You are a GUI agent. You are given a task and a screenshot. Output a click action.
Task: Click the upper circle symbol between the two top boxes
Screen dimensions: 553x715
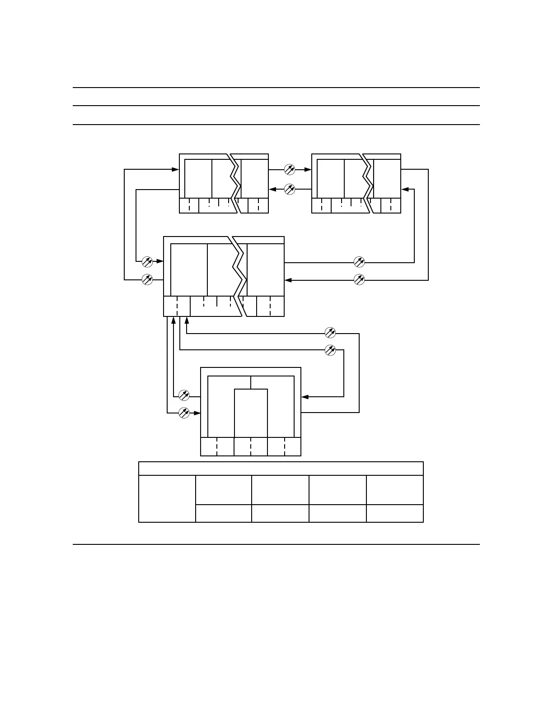pyautogui.click(x=290, y=170)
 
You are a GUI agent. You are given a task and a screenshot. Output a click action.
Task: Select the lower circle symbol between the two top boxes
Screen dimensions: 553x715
pyautogui.click(x=290, y=189)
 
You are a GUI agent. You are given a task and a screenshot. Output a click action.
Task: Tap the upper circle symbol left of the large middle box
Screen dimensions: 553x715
pyautogui.click(x=147, y=261)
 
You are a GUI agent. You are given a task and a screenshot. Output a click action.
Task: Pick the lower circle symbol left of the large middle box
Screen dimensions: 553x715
pyautogui.click(x=147, y=279)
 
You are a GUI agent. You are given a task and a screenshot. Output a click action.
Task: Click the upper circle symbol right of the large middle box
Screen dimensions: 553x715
pyautogui.click(x=359, y=261)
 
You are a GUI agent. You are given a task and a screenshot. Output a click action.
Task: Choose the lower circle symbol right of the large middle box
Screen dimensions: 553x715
pyautogui.click(x=359, y=279)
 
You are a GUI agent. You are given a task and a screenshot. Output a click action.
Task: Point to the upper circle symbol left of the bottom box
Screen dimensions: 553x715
pyautogui.click(x=184, y=395)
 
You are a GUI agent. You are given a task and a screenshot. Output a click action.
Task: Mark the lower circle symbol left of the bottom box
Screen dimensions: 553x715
pyautogui.click(x=184, y=413)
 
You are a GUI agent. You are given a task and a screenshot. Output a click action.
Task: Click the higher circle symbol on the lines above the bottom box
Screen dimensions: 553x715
pyautogui.click(x=331, y=333)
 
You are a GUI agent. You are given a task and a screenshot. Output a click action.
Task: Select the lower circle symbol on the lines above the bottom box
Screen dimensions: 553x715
pyautogui.click(x=331, y=350)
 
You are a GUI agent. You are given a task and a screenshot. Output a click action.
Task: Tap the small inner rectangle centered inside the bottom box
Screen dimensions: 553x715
pyautogui.click(x=251, y=413)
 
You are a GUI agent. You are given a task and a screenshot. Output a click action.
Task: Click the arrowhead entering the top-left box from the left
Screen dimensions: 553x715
pyautogui.click(x=176, y=170)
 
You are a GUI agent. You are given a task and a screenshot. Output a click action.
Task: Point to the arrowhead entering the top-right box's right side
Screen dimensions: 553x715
pyautogui.click(x=405, y=190)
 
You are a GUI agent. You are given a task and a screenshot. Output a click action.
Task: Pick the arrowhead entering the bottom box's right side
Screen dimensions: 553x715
pyautogui.click(x=305, y=397)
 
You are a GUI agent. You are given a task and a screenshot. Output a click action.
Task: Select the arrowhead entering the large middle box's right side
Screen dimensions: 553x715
pyautogui.click(x=288, y=280)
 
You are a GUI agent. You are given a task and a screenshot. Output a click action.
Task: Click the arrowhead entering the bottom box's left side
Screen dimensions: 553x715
pyautogui.click(x=197, y=413)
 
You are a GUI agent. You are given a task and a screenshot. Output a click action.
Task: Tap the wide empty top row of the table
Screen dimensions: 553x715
pyautogui.click(x=281, y=469)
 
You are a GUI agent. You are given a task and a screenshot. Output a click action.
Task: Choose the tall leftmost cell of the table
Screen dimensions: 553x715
pyautogui.click(x=167, y=499)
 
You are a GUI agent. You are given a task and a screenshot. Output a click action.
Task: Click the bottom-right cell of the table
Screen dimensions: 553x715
pyautogui.click(x=394, y=514)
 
